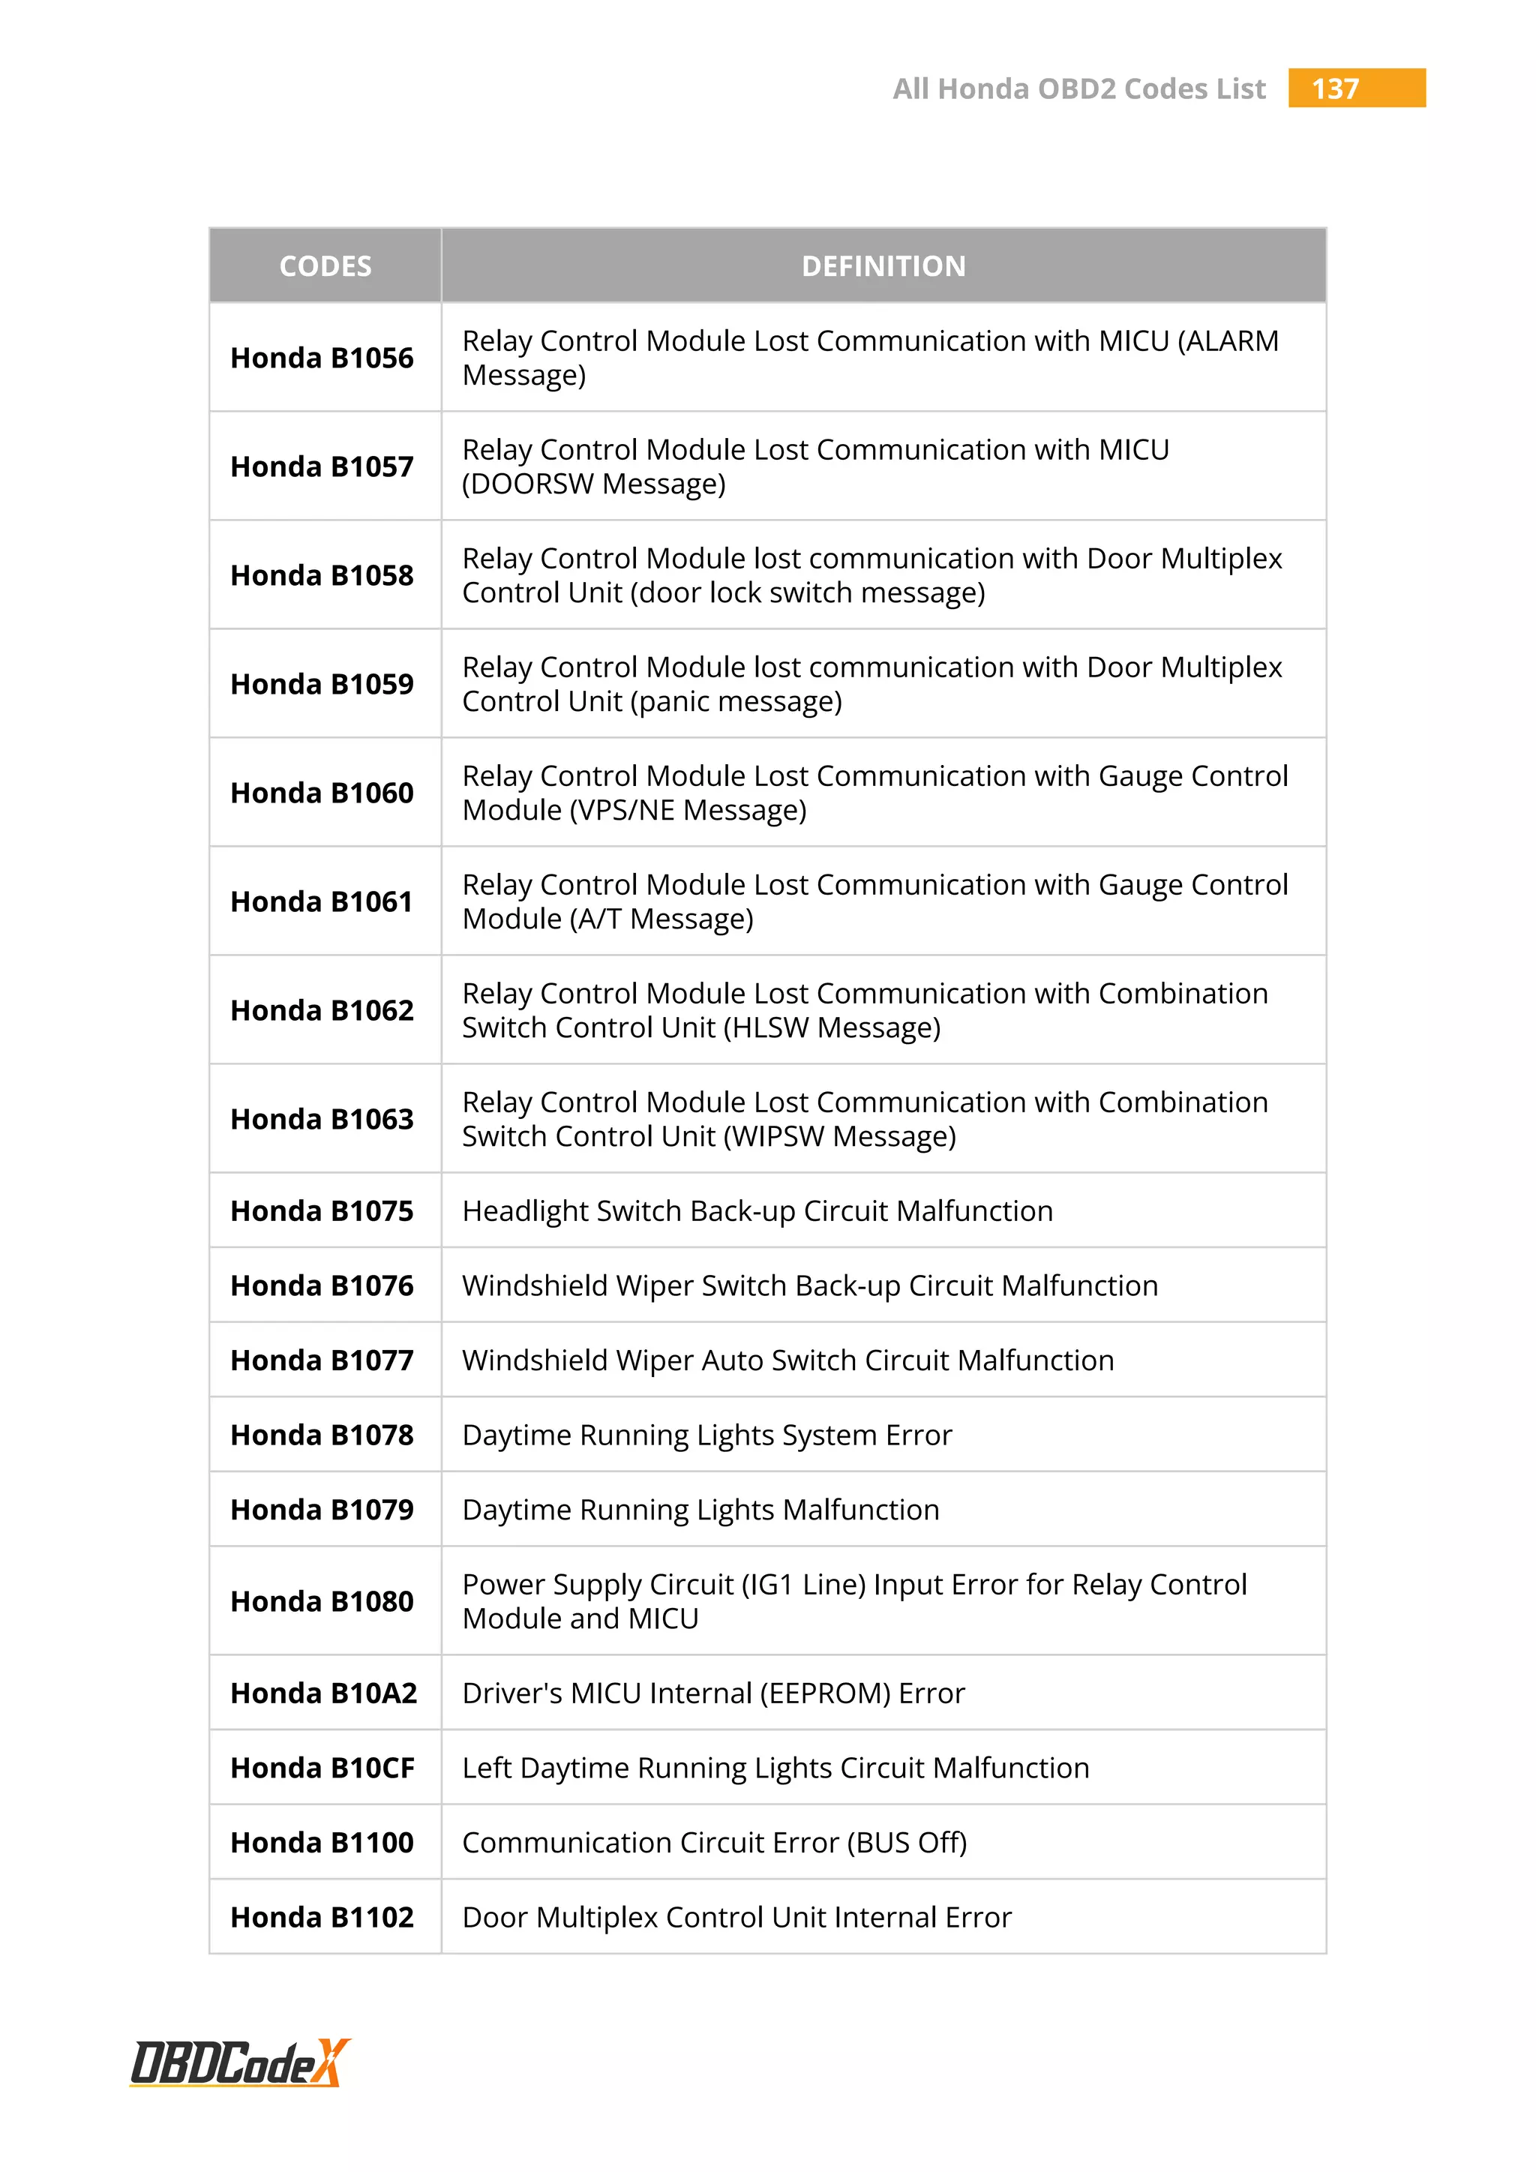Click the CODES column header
[325, 265]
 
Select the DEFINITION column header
[883, 265]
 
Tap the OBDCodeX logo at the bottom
[240, 2062]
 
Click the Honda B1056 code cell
[322, 358]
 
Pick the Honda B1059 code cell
[322, 684]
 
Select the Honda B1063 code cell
[322, 1119]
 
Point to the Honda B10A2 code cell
[323, 1693]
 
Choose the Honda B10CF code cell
[322, 1767]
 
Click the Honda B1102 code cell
[322, 1916]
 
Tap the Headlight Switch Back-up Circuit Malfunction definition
[757, 1210]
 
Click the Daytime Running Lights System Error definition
[706, 1435]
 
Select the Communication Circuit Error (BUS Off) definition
[714, 1842]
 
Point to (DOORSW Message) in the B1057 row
[594, 484]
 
